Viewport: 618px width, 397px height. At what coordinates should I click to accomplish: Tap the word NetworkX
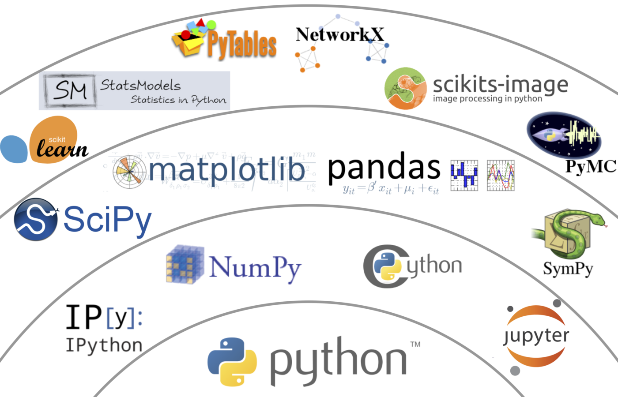click(339, 34)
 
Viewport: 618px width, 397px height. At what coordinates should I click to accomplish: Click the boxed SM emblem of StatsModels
click(70, 90)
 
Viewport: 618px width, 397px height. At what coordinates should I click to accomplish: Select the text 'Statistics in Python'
click(178, 100)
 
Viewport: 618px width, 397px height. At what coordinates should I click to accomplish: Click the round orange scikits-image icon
click(405, 88)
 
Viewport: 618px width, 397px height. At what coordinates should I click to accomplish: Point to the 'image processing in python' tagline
click(487, 98)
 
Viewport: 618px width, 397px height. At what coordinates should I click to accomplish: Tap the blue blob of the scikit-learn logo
click(14, 149)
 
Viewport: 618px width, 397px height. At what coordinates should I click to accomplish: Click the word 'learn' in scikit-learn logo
click(62, 149)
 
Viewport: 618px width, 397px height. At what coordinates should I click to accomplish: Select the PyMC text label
click(591, 166)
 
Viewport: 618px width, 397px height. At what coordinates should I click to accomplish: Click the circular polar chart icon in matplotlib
click(129, 172)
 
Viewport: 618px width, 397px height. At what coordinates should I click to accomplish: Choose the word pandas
click(384, 168)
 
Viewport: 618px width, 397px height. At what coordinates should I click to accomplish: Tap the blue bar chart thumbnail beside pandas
click(464, 175)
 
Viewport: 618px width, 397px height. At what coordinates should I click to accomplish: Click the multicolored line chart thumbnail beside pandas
click(501, 175)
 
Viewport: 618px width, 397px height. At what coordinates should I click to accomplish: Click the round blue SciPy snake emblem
click(35, 219)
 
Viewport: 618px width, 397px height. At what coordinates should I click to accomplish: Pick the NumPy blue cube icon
click(185, 264)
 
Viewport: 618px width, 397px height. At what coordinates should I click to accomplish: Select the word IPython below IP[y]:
click(104, 345)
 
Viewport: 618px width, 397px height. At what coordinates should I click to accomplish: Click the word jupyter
click(536, 337)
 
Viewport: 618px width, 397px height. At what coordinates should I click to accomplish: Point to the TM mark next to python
click(415, 344)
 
